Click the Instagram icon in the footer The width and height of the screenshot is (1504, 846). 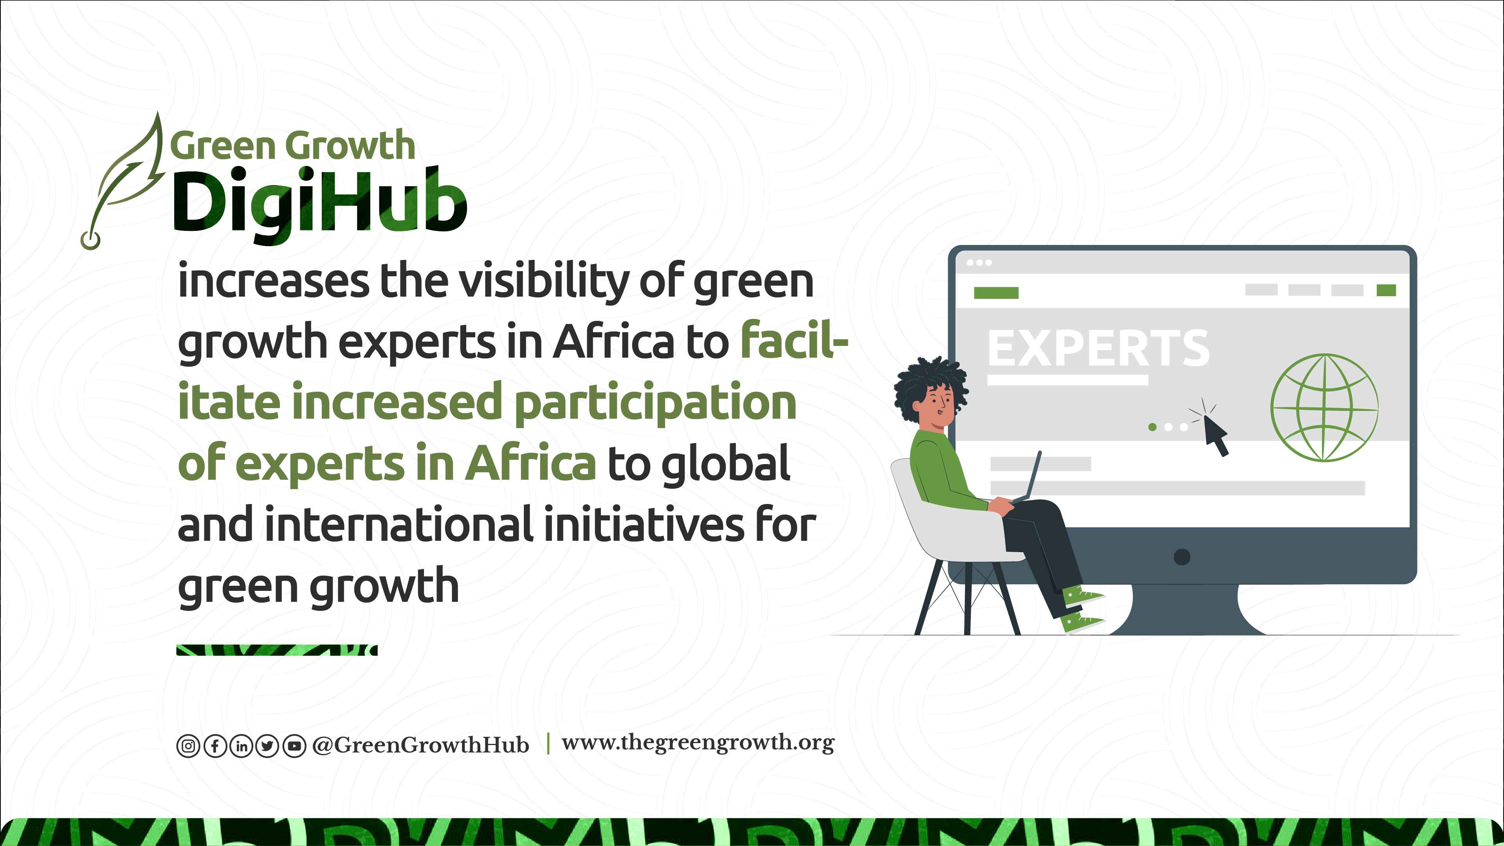tap(188, 746)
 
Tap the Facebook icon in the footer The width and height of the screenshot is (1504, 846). tap(215, 746)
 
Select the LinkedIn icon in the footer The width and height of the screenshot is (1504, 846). tap(241, 746)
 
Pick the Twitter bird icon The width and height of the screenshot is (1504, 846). tap(267, 746)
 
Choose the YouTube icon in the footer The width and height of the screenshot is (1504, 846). tap(294, 746)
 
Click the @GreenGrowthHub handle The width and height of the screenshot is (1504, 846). tap(420, 745)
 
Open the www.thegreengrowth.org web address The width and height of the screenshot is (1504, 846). tap(698, 743)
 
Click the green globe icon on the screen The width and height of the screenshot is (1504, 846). tap(1325, 407)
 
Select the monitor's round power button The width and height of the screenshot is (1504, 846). tap(1182, 556)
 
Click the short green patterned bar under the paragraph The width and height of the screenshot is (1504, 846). tap(277, 650)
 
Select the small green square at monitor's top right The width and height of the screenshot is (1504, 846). tap(1386, 290)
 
